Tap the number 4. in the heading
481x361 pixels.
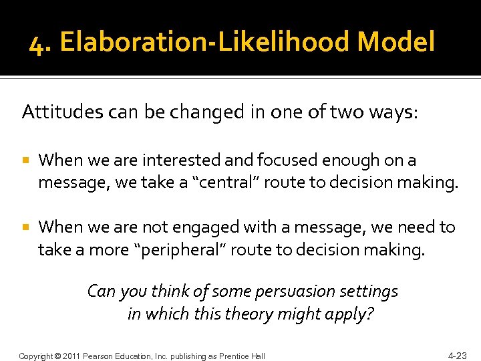pos(41,43)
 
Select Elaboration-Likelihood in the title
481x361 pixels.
pos(205,43)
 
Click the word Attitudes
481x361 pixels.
pos(54,112)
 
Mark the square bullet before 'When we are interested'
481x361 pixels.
pos(25,161)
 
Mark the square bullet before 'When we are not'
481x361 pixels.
pos(25,228)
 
